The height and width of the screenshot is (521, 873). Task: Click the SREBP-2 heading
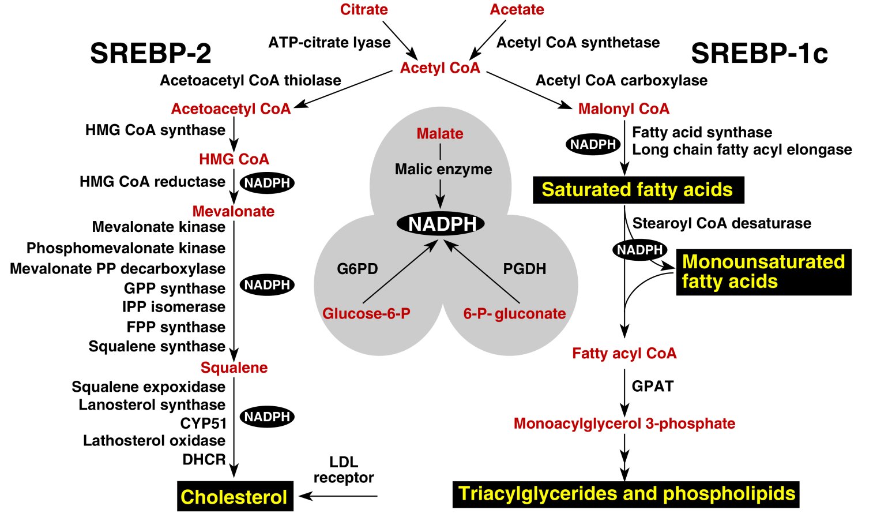[150, 53]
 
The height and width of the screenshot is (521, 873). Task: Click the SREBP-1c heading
[759, 53]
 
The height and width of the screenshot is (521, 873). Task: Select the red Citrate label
[364, 9]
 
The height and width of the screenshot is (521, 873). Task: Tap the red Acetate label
[517, 9]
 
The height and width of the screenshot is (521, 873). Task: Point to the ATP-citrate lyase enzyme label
[329, 42]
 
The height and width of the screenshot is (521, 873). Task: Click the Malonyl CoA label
[623, 108]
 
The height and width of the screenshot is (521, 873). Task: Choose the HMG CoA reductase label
[152, 182]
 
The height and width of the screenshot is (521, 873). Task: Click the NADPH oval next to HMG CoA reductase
[267, 183]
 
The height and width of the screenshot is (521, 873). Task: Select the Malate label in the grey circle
[440, 133]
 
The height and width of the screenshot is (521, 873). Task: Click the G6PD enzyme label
[358, 269]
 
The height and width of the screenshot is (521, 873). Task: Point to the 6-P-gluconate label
[514, 313]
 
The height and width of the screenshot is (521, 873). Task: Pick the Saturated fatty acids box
[638, 190]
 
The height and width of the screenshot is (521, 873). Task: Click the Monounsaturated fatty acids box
[763, 272]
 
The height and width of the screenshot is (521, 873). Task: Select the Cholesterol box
[234, 496]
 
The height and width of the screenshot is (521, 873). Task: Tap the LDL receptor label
[344, 470]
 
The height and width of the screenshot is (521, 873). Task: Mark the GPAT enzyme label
[652, 386]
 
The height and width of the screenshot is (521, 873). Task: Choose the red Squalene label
[234, 368]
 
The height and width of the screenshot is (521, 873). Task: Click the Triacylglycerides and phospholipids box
[626, 494]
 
